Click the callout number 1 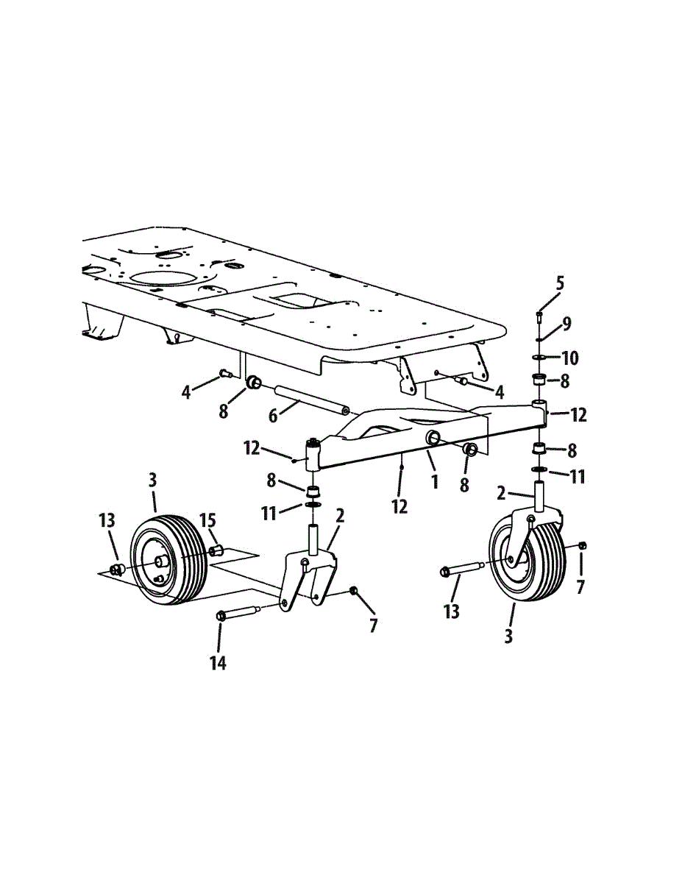tap(435, 483)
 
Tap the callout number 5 tap(561, 284)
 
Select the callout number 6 tap(273, 416)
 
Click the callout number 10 tap(570, 358)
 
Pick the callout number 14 tap(217, 663)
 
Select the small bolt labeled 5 tap(539, 316)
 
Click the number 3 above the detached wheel tap(152, 480)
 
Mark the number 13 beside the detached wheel tap(107, 521)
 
